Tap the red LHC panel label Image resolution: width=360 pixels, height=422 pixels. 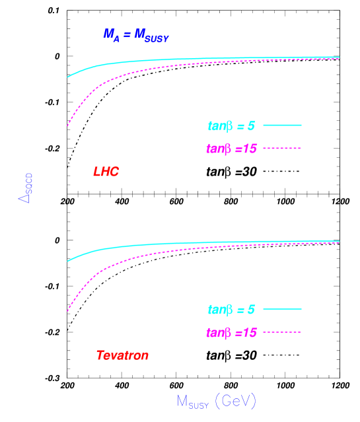coord(106,172)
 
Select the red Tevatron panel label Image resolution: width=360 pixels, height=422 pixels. coord(122,355)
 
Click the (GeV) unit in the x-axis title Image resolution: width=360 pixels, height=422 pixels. coord(235,401)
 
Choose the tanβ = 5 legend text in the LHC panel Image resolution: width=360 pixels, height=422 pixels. coord(231,125)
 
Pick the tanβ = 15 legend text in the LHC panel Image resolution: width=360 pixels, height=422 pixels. coord(231,149)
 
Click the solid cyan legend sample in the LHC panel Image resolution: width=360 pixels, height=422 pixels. coord(282,125)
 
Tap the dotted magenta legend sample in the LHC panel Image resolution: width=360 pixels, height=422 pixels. coord(282,148)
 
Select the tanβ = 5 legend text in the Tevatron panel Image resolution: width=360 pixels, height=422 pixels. coord(231,308)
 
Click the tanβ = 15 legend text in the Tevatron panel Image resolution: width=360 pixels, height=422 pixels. coord(231,332)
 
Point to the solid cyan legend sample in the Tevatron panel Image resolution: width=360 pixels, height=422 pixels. coord(282,308)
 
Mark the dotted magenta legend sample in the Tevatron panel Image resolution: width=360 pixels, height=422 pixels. coord(282,332)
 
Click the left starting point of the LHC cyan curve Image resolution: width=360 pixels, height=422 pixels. coord(68,77)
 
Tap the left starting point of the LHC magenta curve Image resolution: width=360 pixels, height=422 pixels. coord(68,125)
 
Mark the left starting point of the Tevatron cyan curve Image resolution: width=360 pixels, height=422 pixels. coord(68,261)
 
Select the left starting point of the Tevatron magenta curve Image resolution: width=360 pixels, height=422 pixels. coord(68,311)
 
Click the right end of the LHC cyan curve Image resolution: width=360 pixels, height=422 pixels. coord(339,57)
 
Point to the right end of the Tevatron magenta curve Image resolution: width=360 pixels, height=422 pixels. coord(339,243)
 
